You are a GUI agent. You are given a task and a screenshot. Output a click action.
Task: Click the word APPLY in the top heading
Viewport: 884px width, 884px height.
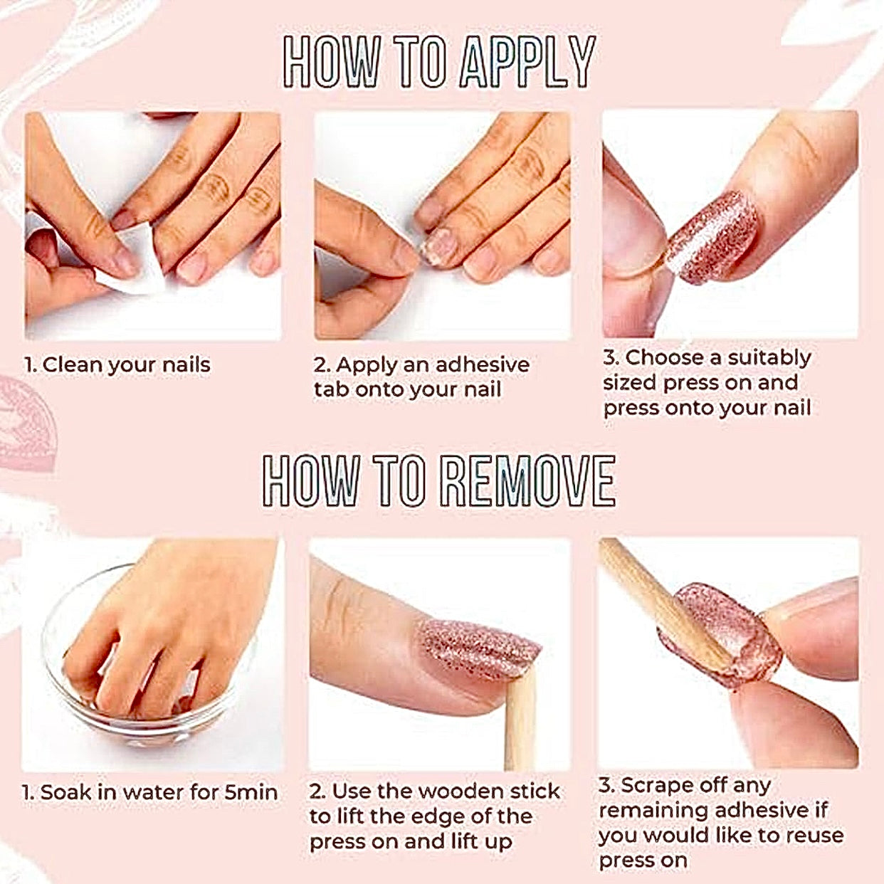click(528, 61)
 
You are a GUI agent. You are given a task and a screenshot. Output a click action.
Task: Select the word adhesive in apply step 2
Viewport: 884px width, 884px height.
click(482, 364)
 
